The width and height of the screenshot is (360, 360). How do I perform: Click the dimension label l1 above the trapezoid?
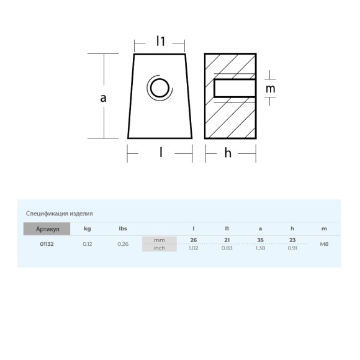pyautogui.click(x=161, y=41)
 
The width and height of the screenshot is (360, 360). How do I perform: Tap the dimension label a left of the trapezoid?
pyautogui.click(x=103, y=98)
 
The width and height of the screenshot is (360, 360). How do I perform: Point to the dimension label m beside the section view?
pyautogui.click(x=270, y=89)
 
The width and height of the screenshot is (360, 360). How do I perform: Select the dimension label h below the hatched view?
pyautogui.click(x=228, y=153)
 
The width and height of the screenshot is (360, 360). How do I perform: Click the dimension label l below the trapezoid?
pyautogui.click(x=161, y=152)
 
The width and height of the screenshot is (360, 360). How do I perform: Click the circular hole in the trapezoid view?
pyautogui.click(x=160, y=88)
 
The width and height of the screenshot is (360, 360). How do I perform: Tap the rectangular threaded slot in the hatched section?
pyautogui.click(x=235, y=88)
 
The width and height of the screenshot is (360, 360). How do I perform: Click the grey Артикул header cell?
pyautogui.click(x=47, y=228)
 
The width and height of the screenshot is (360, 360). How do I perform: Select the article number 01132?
pyautogui.click(x=47, y=244)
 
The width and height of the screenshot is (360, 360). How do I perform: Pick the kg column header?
pyautogui.click(x=88, y=228)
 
